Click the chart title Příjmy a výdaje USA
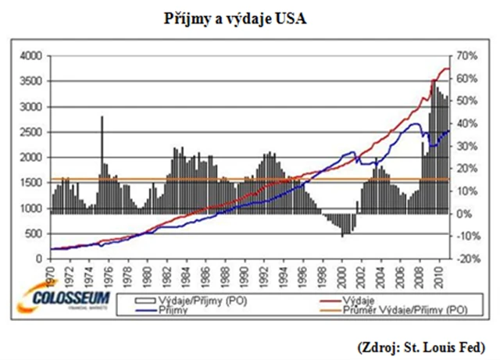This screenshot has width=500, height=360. coord(251,17)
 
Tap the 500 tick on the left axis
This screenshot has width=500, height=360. coord(33,233)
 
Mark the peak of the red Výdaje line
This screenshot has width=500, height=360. coord(447,69)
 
